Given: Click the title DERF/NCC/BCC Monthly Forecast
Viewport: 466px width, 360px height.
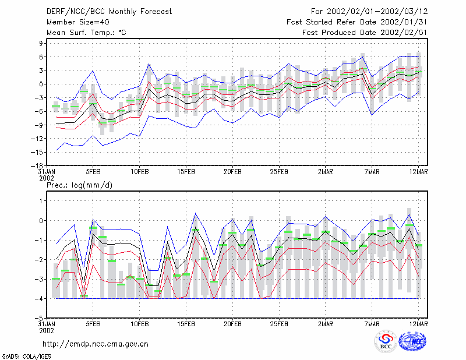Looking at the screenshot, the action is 109,12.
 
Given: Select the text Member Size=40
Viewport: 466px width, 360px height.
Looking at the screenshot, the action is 78,22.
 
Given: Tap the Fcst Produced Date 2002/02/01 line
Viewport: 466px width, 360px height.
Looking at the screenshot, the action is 365,33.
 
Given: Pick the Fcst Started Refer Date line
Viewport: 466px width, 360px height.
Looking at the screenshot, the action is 357,22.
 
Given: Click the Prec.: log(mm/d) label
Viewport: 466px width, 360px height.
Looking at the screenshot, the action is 79,185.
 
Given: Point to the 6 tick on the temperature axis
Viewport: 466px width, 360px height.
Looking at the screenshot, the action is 41,57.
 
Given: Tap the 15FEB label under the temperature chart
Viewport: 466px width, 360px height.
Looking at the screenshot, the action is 186,172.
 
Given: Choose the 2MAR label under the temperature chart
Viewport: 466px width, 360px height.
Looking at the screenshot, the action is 326,172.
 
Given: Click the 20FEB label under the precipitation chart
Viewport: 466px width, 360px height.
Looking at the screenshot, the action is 232,324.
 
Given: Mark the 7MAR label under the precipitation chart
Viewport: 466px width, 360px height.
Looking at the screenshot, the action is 372,324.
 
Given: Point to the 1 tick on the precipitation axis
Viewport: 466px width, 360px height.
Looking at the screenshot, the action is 41,201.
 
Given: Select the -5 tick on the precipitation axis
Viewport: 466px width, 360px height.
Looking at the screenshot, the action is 39,318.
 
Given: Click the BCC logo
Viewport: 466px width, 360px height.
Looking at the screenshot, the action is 386,341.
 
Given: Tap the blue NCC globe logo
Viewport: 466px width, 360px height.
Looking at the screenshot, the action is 412,341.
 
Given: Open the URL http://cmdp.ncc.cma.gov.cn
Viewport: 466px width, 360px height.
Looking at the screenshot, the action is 96,344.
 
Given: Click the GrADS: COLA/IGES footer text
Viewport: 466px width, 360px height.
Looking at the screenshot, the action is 26,357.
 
